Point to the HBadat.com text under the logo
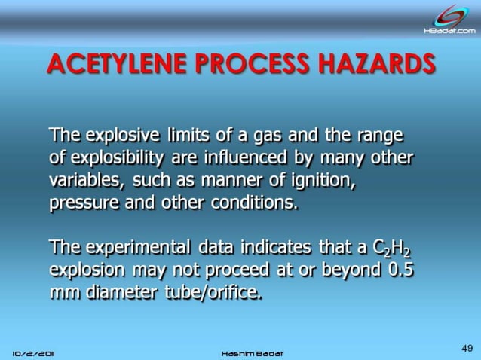449,31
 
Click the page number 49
466,347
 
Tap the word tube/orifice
213,293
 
